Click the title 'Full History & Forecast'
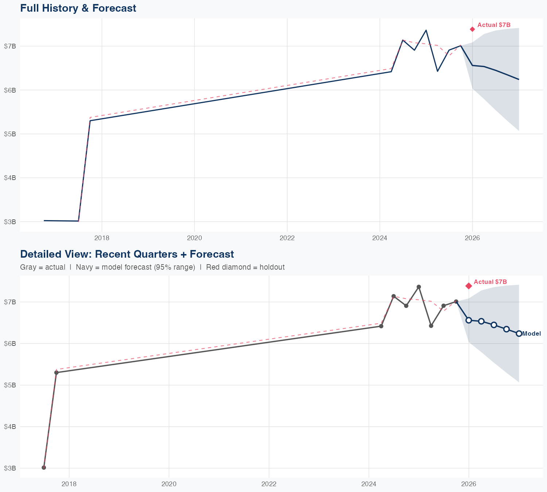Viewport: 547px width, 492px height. [x=78, y=8]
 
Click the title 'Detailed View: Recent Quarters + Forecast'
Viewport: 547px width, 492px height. [x=127, y=254]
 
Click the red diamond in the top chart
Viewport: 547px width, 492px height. [x=472, y=29]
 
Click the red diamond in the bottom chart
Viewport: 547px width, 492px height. [x=469, y=286]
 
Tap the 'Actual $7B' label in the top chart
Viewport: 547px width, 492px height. [x=494, y=25]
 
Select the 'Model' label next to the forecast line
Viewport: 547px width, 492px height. [x=531, y=333]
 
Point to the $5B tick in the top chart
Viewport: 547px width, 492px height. [x=10, y=134]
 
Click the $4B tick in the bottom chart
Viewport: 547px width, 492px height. [x=10, y=426]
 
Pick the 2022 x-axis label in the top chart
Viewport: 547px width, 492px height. [x=287, y=238]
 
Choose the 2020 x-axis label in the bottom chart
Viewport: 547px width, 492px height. [x=169, y=484]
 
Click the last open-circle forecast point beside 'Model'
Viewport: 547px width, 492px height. [x=519, y=333]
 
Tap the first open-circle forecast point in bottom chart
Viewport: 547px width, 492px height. [x=469, y=320]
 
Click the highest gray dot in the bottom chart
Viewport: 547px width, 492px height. [x=419, y=287]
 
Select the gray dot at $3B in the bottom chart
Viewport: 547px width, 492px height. [x=44, y=467]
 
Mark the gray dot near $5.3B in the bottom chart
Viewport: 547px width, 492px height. [x=56, y=372]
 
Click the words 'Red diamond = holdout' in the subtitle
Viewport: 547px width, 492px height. [x=245, y=267]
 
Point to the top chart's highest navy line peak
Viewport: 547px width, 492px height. [x=426, y=30]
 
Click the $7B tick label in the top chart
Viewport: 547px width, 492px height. [x=10, y=46]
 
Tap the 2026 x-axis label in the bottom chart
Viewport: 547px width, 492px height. [x=469, y=484]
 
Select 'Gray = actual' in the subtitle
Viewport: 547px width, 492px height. [x=43, y=267]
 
